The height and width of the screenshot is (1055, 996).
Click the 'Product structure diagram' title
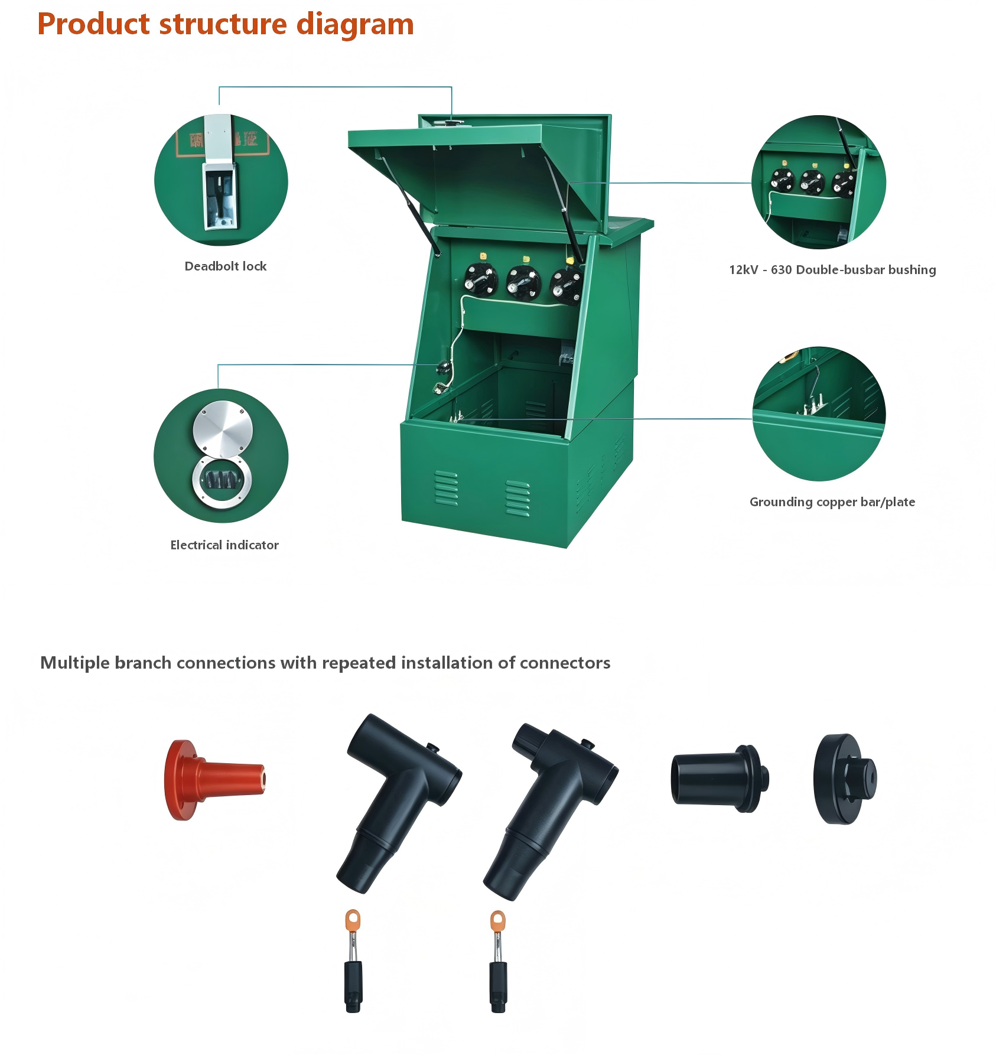point(226,25)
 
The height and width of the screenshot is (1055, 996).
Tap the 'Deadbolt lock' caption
point(226,266)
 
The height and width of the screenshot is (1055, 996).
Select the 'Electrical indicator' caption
point(224,545)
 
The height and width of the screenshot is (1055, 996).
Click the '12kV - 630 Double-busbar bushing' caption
point(832,270)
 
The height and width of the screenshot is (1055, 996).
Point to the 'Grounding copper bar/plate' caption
point(832,502)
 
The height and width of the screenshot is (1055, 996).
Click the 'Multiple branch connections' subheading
point(325,663)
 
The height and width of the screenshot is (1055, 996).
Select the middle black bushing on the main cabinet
point(523,282)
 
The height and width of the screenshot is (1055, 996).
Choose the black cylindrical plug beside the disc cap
point(720,779)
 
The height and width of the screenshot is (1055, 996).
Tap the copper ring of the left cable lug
point(353,920)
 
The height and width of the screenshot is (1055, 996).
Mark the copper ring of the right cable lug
point(498,922)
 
